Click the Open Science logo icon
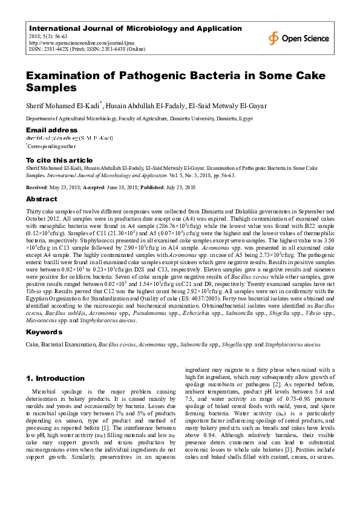[274, 38]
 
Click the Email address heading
[51, 130]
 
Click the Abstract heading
[42, 198]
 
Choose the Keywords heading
[44, 332]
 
